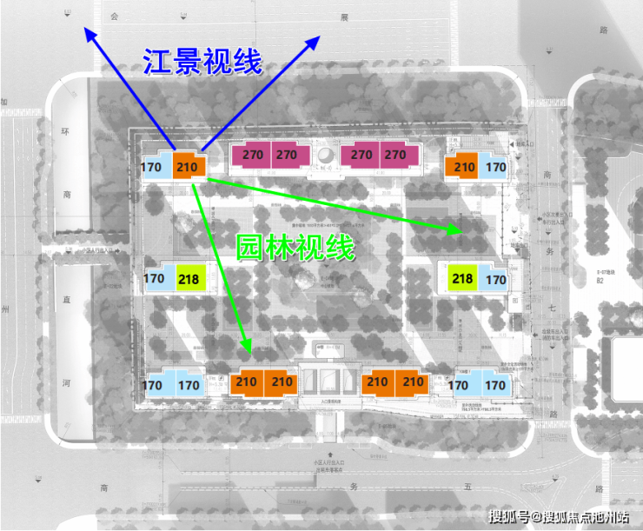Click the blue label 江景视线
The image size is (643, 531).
click(x=202, y=61)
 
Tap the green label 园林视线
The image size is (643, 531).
click(x=296, y=248)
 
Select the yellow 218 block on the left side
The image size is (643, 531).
click(x=189, y=279)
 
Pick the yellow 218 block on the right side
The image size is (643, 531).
click(x=463, y=279)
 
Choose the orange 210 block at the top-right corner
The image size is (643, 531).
click(x=464, y=167)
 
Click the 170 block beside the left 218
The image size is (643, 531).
click(x=155, y=279)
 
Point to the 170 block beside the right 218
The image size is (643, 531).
click(x=496, y=280)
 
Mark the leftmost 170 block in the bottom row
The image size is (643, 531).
click(x=152, y=385)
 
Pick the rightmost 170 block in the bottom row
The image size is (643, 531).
click(x=495, y=385)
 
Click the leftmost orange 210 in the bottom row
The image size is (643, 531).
click(x=246, y=382)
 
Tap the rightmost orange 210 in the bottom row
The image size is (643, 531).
click(x=413, y=382)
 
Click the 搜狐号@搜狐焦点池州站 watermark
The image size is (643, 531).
click(x=558, y=518)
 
